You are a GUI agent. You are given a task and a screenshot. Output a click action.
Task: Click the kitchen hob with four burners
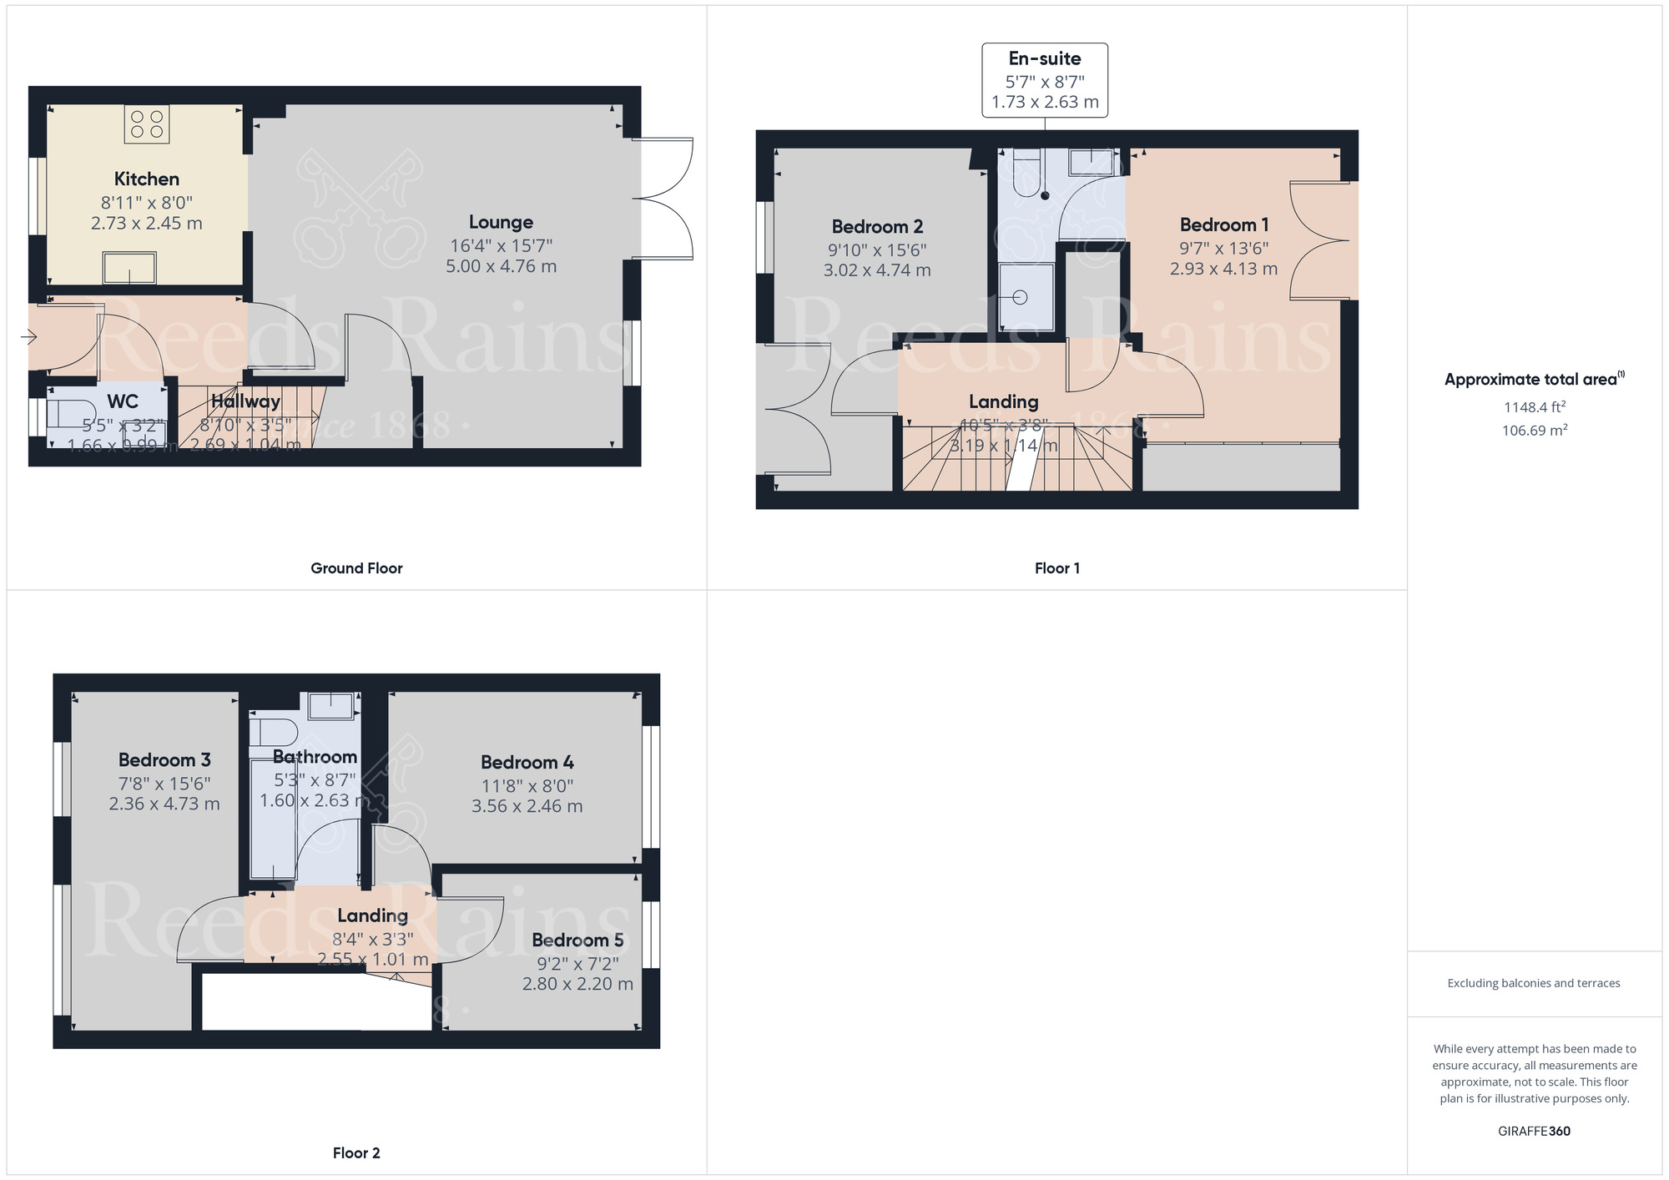tap(147, 124)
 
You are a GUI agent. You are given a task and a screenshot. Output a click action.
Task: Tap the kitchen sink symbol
tap(129, 268)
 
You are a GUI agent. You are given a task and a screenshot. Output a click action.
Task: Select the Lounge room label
tap(501, 222)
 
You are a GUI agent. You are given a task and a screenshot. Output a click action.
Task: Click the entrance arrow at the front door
tap(28, 337)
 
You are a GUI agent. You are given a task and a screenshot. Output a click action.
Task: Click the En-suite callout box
tap(1045, 80)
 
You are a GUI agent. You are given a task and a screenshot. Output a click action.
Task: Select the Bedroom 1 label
tap(1224, 224)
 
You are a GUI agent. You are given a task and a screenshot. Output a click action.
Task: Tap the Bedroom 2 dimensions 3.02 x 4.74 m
tap(877, 270)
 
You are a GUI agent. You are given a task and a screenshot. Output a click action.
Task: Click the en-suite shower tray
tap(1026, 297)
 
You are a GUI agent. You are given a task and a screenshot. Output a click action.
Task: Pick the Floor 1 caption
tap(1056, 568)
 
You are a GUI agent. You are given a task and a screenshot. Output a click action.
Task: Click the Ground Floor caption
tap(356, 568)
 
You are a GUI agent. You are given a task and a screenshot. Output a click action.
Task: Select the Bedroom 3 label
tap(164, 759)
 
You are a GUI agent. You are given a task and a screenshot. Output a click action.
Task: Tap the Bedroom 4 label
tap(527, 762)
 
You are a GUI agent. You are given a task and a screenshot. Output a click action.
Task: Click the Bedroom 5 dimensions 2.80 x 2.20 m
tap(577, 984)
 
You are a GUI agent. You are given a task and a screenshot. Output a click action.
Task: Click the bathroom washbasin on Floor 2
tap(331, 706)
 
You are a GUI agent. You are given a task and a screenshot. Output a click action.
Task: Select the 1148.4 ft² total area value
tap(1534, 407)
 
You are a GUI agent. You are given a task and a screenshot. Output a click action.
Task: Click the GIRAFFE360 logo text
tap(1534, 1132)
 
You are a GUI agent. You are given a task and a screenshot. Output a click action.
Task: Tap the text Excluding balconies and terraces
tap(1534, 983)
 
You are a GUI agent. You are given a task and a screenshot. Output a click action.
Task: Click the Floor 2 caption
tap(356, 1153)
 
